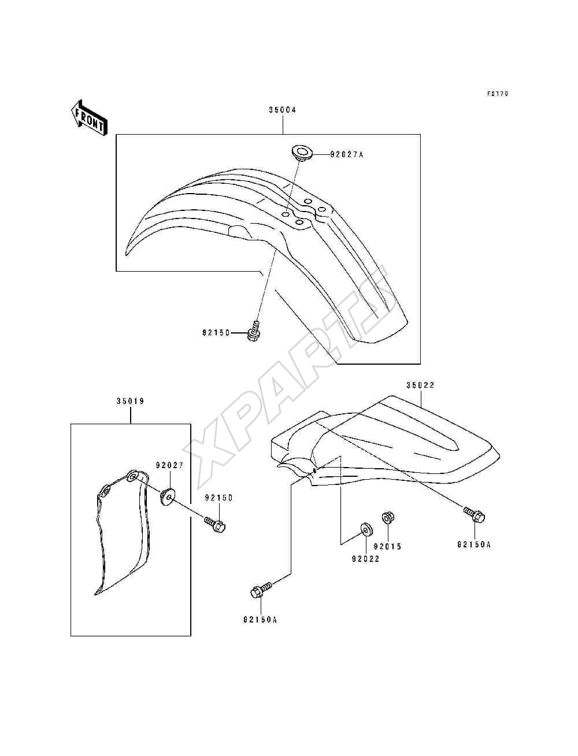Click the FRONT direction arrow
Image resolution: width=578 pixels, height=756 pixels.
coord(89,118)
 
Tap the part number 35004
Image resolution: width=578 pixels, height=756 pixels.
coord(283,110)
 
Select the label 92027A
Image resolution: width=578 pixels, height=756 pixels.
coord(347,154)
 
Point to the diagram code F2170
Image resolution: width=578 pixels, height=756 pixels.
coord(498,93)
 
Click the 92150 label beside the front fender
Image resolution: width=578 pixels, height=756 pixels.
coord(216,333)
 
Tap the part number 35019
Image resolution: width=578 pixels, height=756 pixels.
coord(130,401)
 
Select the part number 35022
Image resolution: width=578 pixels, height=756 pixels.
coord(420,385)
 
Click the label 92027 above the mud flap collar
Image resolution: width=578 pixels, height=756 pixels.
coord(170,466)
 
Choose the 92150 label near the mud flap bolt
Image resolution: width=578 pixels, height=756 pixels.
coord(218,498)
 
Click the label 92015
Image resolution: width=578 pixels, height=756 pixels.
coord(387,547)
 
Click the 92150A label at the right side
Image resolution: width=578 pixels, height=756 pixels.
coord(473,544)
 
